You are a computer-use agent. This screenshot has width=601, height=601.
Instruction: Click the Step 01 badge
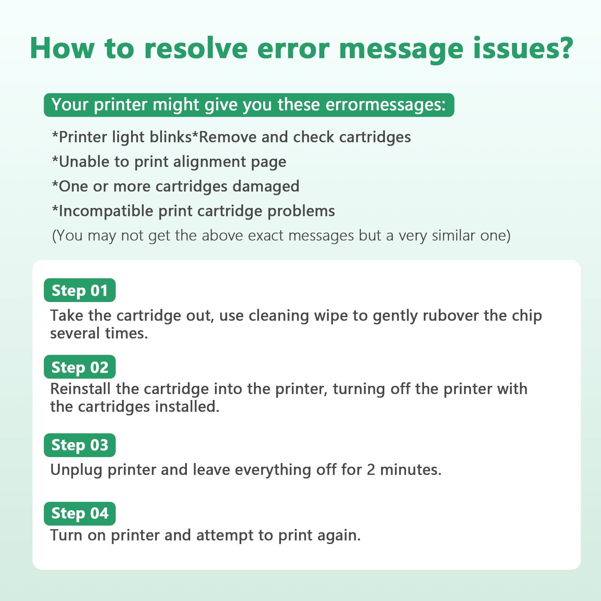[80, 290]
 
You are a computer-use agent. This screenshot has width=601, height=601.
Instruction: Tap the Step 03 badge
[80, 445]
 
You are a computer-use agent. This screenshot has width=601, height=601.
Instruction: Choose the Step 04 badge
[80, 514]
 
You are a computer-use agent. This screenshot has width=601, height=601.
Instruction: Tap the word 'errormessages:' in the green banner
[386, 105]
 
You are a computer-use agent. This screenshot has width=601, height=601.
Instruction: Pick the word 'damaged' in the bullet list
[266, 186]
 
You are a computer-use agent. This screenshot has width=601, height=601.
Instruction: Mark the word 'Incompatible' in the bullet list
[106, 211]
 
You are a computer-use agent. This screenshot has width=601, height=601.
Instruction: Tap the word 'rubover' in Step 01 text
[451, 316]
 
